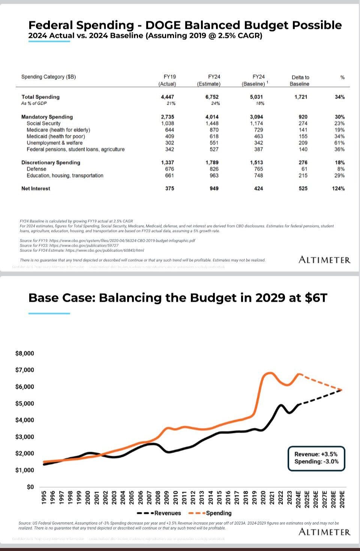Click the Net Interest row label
click(36, 189)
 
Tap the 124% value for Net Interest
click(338, 189)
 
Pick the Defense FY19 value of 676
click(169, 169)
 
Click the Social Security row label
click(43, 123)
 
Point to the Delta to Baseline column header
click(300, 80)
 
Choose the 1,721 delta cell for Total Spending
click(301, 97)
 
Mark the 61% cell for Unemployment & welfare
click(339, 143)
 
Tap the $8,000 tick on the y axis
click(25, 353)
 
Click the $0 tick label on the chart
click(30, 487)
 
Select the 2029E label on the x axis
click(342, 499)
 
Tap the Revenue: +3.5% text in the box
click(316, 454)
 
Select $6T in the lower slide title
click(316, 298)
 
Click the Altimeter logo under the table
click(324, 260)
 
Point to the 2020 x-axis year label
click(263, 499)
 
